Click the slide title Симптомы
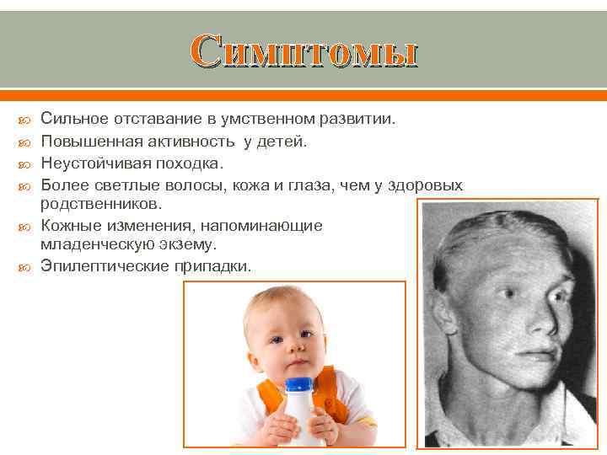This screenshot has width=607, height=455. [303, 52]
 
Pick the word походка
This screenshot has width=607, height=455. [187, 163]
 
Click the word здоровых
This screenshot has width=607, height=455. [425, 185]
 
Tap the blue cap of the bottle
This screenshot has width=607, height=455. [300, 386]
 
